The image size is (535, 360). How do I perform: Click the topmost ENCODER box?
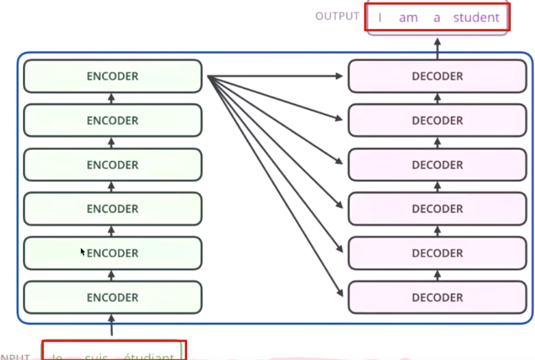(x=112, y=76)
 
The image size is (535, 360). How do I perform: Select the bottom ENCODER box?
(x=112, y=297)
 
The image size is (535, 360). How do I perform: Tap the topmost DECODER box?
(x=437, y=76)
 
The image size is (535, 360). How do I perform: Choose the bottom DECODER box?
(x=437, y=297)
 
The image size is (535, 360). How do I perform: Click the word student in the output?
(x=476, y=18)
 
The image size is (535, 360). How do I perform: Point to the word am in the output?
(x=408, y=18)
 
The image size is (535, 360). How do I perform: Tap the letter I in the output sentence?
(x=380, y=18)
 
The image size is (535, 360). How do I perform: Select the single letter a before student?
(x=437, y=18)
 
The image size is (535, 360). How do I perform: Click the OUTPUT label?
(x=337, y=16)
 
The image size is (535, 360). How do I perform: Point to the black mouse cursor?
(x=83, y=251)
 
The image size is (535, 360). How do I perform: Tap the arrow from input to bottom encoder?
(x=112, y=325)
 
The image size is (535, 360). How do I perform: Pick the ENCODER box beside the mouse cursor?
(x=112, y=253)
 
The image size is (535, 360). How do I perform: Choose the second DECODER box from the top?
(x=437, y=120)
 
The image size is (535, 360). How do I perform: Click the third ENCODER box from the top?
(x=112, y=165)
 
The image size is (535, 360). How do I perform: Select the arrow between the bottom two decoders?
(x=438, y=276)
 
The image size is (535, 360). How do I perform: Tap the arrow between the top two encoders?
(x=112, y=99)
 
